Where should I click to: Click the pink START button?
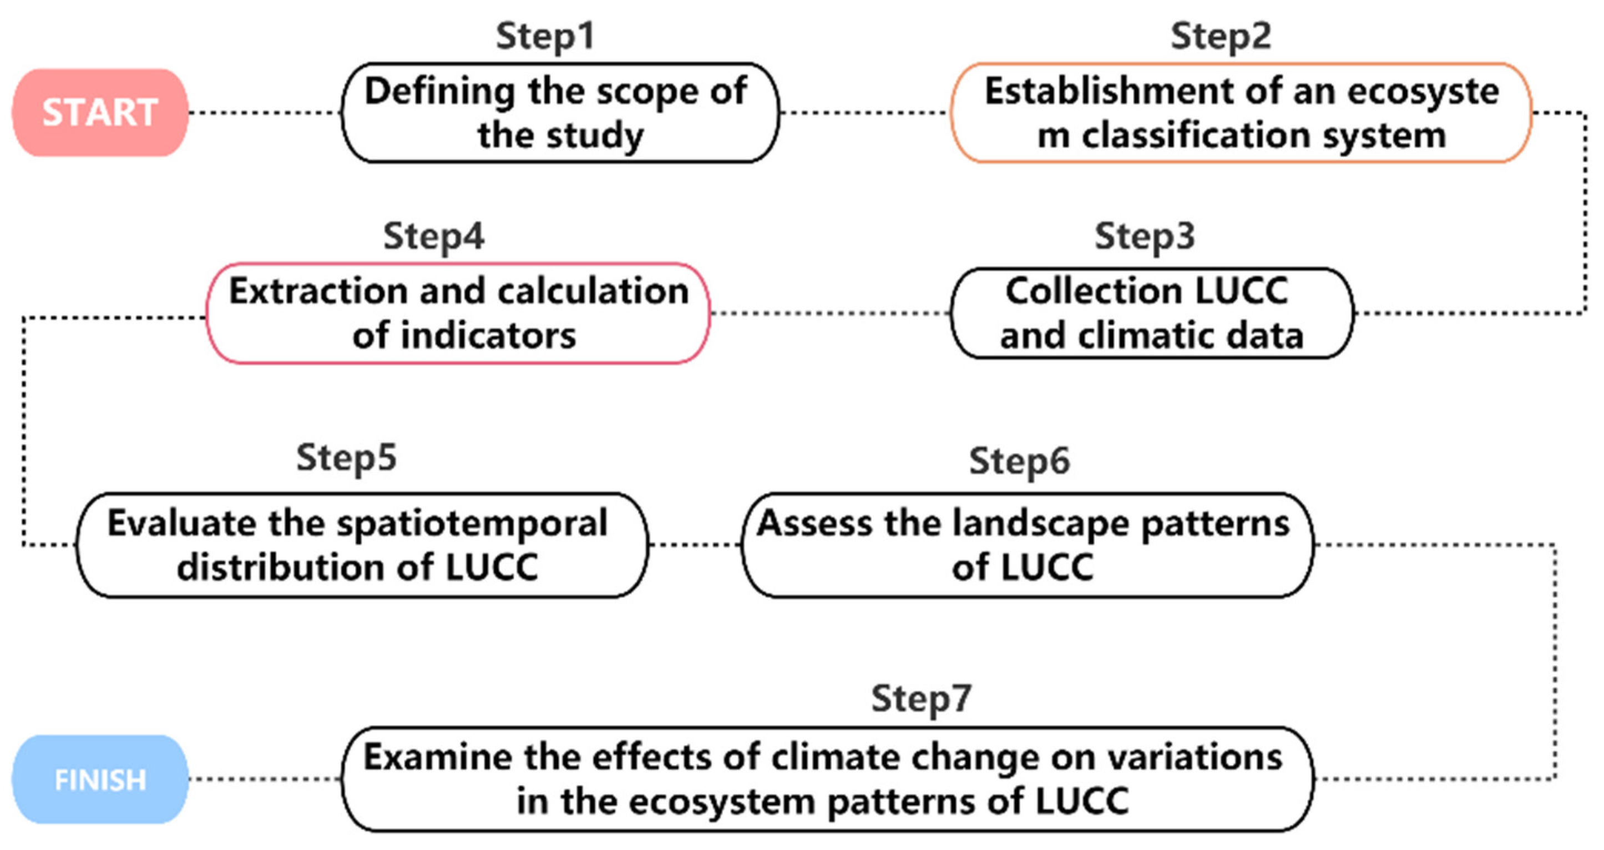[100, 113]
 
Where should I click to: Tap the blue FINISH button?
[100, 779]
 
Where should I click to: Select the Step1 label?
[545, 36]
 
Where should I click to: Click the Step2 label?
[1221, 36]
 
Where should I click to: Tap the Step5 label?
[346, 458]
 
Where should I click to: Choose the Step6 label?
[1019, 462]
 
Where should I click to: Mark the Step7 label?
[921, 698]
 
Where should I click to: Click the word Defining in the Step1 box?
[439, 92]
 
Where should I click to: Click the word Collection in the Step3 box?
[1093, 291]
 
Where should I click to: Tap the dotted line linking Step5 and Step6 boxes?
[695, 545]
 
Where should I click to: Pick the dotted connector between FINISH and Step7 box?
[265, 779]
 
